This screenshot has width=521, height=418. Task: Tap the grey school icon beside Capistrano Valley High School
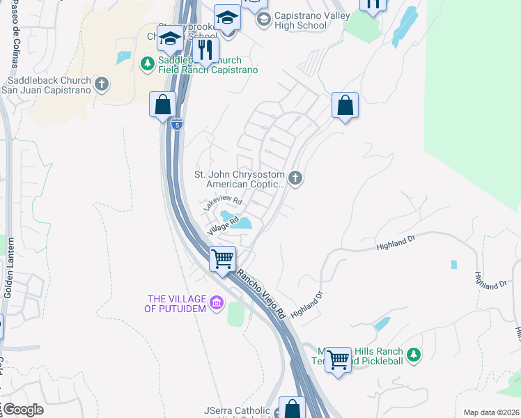point(263,20)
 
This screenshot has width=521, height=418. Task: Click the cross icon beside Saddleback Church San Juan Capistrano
point(102,85)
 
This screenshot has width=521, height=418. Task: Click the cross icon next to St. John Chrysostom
point(295,179)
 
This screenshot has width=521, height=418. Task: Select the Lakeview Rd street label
point(222,203)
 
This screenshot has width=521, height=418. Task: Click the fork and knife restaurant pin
point(205,49)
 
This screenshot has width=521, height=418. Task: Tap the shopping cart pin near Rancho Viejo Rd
point(223,259)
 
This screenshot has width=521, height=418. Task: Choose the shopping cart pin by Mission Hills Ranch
point(339,360)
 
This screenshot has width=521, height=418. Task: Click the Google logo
point(23,410)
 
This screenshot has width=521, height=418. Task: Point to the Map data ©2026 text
point(490,412)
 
